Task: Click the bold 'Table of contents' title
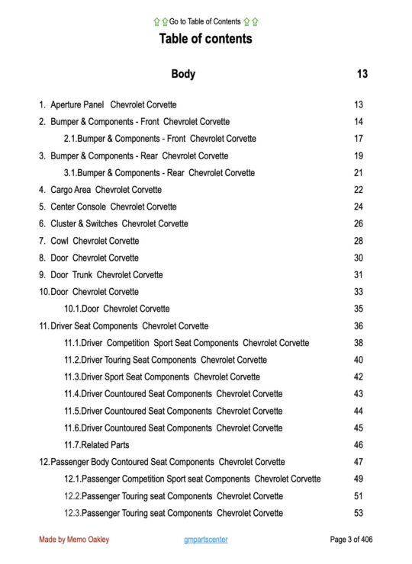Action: tap(205, 38)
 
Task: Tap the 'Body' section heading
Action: tap(183, 74)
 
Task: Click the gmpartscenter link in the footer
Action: tap(205, 540)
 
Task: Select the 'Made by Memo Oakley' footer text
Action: tap(74, 540)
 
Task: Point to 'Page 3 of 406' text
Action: tap(351, 540)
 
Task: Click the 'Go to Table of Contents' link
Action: tap(205, 21)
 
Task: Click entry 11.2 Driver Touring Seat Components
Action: tap(166, 360)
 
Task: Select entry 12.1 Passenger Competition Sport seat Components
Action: tap(192, 479)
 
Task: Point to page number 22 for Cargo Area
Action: tap(359, 190)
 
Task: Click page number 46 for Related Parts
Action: tap(359, 444)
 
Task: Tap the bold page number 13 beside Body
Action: tap(362, 74)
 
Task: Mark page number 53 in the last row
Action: tap(359, 513)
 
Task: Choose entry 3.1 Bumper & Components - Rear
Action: tap(159, 173)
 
